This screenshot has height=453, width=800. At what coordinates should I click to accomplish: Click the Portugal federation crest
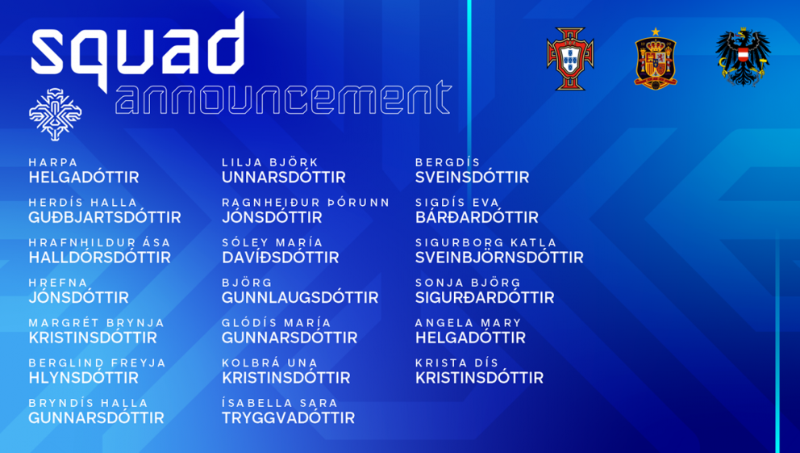[x=570, y=58]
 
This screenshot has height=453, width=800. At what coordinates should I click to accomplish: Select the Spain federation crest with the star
[x=655, y=58]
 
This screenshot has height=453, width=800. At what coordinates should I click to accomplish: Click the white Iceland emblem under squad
[x=55, y=114]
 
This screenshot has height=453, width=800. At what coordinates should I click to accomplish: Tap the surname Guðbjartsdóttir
[x=105, y=217]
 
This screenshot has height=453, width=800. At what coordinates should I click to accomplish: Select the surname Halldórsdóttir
[x=99, y=258]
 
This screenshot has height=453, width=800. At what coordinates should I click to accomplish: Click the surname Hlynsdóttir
[x=83, y=377]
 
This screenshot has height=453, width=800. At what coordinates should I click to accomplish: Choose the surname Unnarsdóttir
[x=283, y=177]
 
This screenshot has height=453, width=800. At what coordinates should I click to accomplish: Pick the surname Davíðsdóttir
[x=280, y=258]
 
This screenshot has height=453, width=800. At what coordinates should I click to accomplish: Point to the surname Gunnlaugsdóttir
[x=300, y=297]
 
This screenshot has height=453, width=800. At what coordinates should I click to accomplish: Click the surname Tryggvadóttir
[x=288, y=417]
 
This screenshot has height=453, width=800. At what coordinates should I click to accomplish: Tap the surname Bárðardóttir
[x=477, y=217]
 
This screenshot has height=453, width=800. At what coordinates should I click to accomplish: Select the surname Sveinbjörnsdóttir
[x=499, y=258]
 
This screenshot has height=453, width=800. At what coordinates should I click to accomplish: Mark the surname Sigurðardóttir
[x=485, y=297]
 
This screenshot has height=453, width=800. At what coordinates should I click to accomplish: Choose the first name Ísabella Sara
[x=279, y=403]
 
